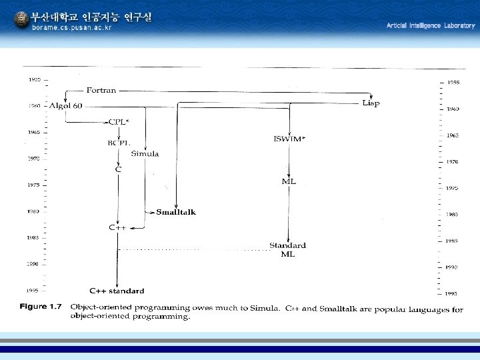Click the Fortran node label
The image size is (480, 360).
pos(101,90)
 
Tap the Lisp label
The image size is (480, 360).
pos(371,103)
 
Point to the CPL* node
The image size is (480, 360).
pos(119,122)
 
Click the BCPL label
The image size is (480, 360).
pos(119,143)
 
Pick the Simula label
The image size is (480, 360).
pos(145,154)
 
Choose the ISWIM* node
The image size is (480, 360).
pos(289,139)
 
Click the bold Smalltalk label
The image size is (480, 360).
pos(176,212)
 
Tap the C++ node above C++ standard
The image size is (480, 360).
pos(117,227)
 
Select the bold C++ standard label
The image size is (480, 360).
pos(117,291)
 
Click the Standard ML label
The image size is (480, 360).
pos(287,249)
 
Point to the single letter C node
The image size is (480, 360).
pos(118,169)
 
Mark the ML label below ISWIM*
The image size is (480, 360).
pos(289,181)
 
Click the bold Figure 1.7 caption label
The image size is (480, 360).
pos(41,307)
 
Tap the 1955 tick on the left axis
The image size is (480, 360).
pos(34,79)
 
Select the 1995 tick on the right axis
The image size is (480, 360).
pos(451,293)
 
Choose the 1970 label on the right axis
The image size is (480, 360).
pos(452,162)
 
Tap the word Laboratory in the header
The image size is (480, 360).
pos(459,25)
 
